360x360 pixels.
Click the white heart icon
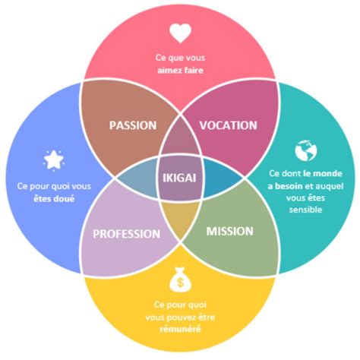tap(180, 33)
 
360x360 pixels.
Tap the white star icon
tap(54, 160)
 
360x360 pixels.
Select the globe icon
tap(306, 150)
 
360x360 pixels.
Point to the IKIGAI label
tap(179, 178)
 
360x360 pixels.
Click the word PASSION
tap(133, 125)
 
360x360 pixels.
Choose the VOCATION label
tap(229, 125)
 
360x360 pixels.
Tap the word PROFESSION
tap(127, 234)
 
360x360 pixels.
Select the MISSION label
tap(230, 232)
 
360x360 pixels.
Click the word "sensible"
tap(305, 210)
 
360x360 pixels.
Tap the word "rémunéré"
tap(180, 329)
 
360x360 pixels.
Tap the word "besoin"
tap(289, 186)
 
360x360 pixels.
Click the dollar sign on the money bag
tap(180, 283)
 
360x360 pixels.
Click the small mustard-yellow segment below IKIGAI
tap(180, 218)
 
